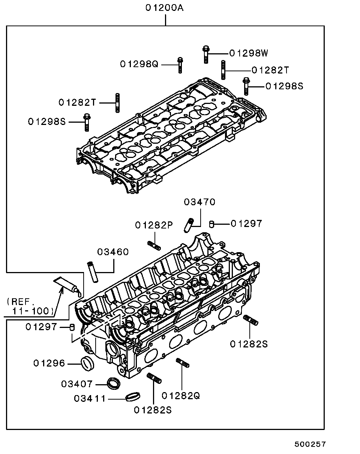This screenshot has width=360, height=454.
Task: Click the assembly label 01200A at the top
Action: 165,8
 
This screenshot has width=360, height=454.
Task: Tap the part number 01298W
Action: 249,53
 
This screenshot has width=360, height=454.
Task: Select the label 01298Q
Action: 139,64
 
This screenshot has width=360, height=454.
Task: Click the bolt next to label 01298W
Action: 206,54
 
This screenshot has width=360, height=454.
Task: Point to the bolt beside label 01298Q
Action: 180,65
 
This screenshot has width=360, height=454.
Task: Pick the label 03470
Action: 199,202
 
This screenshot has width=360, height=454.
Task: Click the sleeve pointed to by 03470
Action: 189,225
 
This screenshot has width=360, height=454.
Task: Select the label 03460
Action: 113,252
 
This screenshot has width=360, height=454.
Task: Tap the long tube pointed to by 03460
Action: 93,272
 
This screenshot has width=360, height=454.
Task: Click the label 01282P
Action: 154,225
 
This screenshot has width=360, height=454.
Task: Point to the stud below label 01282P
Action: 154,246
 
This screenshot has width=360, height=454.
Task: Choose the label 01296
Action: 49,363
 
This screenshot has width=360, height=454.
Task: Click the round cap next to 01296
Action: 87,363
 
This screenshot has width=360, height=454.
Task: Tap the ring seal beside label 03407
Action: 114,383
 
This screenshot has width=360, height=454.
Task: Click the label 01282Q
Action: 180,395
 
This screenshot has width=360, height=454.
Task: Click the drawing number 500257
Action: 310,444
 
